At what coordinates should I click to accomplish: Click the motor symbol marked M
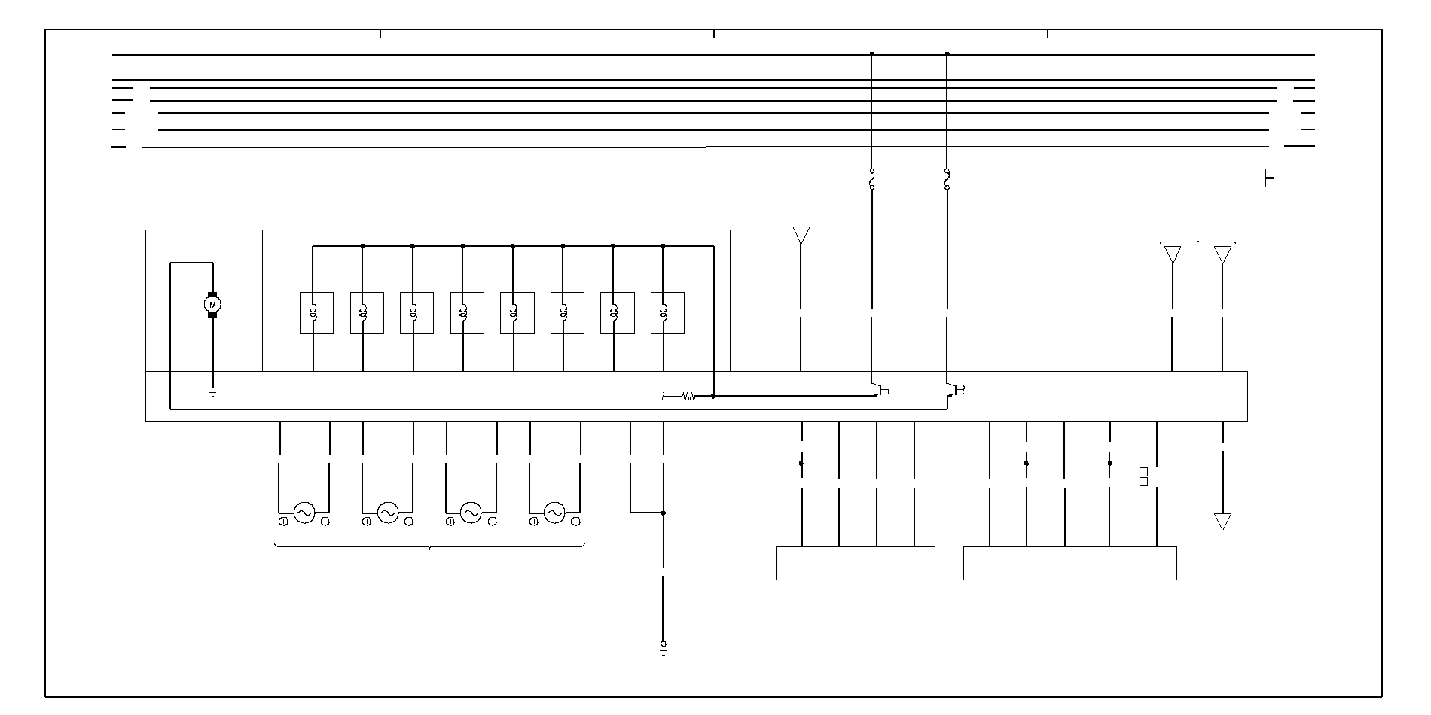point(212,304)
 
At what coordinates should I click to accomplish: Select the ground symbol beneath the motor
point(212,391)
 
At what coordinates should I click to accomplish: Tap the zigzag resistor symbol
point(688,396)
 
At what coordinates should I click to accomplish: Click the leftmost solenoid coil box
point(316,312)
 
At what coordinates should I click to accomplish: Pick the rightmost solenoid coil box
point(667,312)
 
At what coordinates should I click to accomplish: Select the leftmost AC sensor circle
point(304,513)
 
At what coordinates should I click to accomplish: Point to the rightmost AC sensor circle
point(554,513)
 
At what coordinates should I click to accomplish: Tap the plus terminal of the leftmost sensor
point(283,521)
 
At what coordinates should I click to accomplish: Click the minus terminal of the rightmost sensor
point(575,521)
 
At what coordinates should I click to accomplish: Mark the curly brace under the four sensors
point(429,546)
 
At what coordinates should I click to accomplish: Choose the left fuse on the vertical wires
point(872,179)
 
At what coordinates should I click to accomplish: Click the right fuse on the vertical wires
point(947,179)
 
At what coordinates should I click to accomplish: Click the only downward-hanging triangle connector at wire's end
point(1222,521)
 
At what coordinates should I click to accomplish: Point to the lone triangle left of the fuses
point(801,235)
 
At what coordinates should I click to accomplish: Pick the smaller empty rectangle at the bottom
point(855,563)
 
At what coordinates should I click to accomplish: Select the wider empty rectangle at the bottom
point(1069,563)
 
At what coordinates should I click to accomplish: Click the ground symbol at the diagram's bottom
point(663,648)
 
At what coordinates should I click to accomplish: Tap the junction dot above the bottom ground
point(663,513)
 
